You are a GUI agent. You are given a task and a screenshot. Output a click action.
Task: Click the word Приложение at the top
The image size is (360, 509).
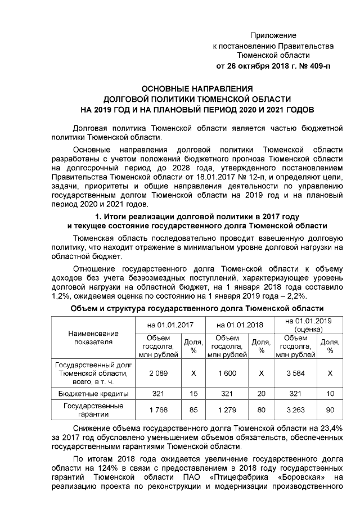click(273, 35)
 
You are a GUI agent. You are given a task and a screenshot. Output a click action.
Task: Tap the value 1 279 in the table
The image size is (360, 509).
click(227, 409)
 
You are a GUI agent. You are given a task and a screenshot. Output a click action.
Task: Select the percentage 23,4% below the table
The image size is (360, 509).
click(332, 429)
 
